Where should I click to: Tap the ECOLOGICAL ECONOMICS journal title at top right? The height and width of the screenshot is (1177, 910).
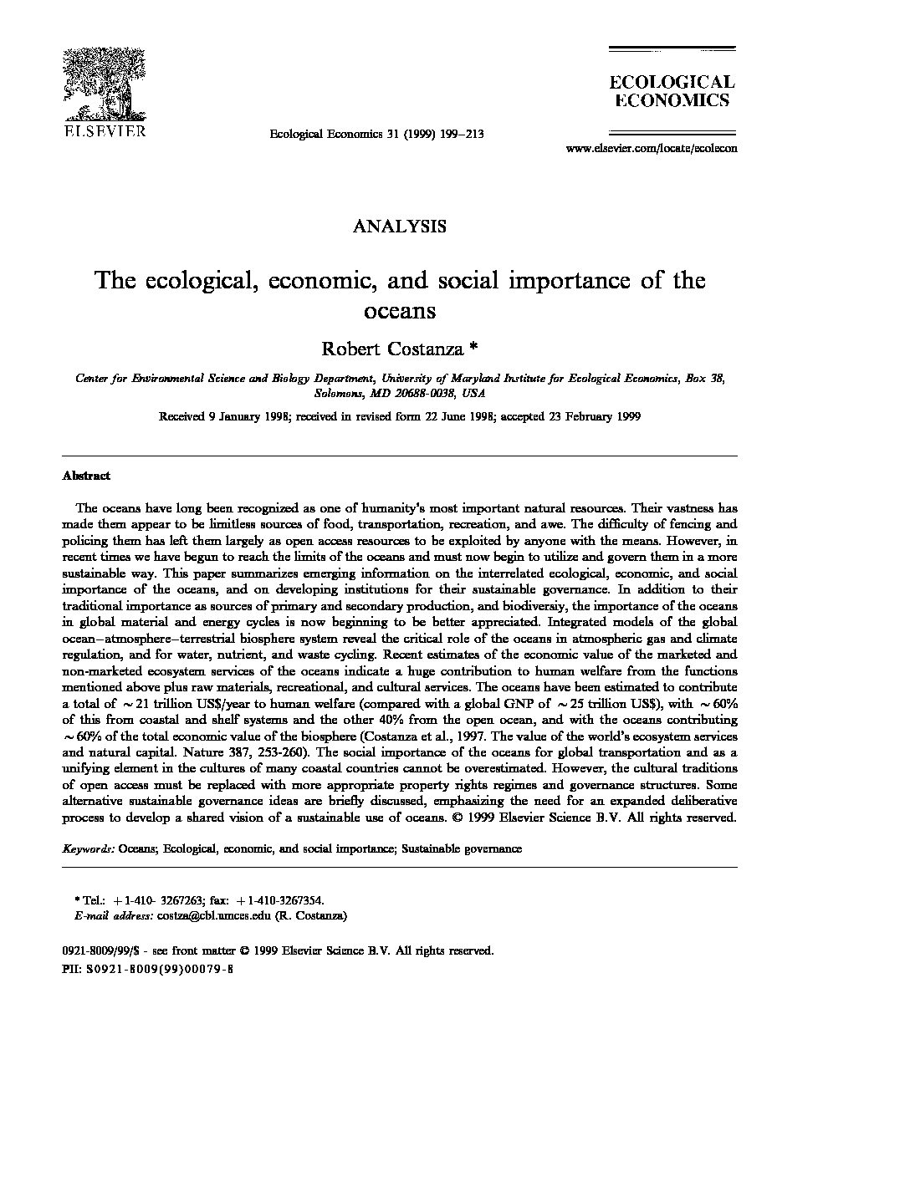[x=671, y=91]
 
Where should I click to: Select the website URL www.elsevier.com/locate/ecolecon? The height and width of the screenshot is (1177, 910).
[x=652, y=148]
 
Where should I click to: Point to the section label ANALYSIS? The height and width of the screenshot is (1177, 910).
[x=399, y=226]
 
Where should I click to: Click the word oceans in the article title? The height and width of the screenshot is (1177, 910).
[x=400, y=311]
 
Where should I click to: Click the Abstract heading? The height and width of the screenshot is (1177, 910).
[x=86, y=476]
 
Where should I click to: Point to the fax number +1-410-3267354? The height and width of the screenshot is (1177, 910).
[x=282, y=901]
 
